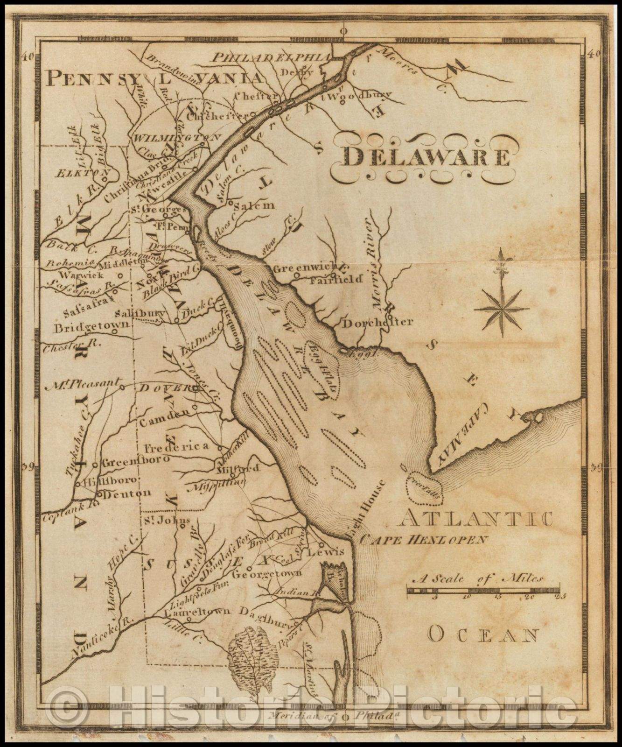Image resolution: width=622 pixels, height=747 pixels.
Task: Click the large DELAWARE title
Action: pos(426,157)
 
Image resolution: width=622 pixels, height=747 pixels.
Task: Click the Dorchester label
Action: pos(378,322)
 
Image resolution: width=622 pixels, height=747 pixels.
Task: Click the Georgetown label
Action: pos(267,573)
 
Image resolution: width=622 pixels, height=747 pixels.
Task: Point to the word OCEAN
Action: pos(483,634)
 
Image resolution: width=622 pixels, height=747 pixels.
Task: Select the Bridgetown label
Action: pos(91,327)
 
